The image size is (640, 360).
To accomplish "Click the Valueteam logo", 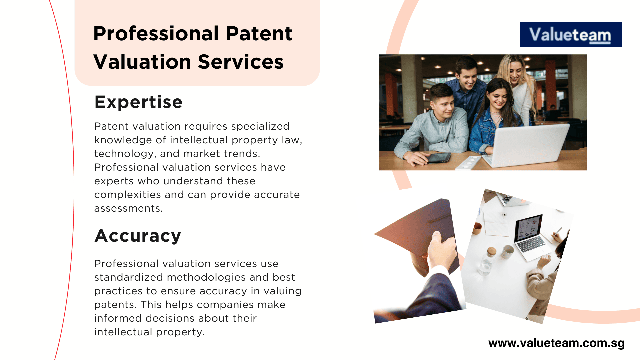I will pos(570,35).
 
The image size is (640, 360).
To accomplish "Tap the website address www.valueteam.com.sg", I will pos(556,343).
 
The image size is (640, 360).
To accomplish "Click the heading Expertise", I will pos(138,102).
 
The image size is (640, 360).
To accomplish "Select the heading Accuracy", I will pos(138,236).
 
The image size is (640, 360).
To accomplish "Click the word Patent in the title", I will pos(259,34).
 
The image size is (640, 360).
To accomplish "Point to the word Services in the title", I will pos(240,62).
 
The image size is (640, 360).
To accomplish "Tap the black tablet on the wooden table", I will pos(438,158).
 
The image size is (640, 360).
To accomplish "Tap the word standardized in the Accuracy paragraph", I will pos(129,277).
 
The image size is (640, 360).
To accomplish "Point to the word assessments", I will pos(128,208).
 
